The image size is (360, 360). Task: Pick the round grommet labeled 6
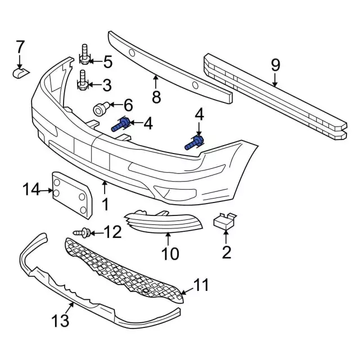tap(101, 107)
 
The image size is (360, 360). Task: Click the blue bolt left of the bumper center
tap(121, 125)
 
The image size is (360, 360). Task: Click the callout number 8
tap(156, 97)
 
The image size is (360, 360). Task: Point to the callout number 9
tap(275, 65)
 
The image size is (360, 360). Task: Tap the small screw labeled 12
tap(83, 231)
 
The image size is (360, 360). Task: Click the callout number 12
tap(112, 231)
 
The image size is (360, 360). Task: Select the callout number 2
tap(226, 253)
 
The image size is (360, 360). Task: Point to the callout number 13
tap(60, 321)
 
